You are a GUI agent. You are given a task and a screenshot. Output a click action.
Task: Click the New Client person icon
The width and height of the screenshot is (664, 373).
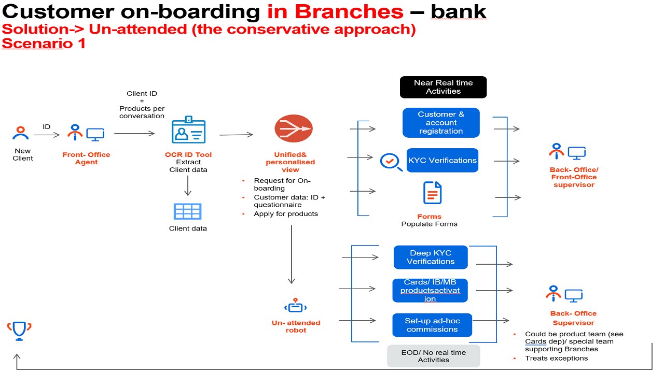pyautogui.click(x=21, y=133)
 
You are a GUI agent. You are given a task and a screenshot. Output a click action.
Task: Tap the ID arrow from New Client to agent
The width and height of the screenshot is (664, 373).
pyautogui.click(x=47, y=135)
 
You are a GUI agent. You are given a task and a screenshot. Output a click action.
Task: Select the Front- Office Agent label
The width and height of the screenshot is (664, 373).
pyautogui.click(x=86, y=158)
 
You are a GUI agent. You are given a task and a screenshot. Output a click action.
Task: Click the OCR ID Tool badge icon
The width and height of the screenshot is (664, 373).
pyautogui.click(x=188, y=131)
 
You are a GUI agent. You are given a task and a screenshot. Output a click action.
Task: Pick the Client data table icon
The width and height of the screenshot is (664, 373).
pyautogui.click(x=187, y=211)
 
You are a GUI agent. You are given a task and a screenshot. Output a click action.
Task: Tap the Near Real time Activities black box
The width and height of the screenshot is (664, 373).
pyautogui.click(x=443, y=87)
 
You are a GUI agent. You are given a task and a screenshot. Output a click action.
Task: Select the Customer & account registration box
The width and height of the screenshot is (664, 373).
pyautogui.click(x=441, y=123)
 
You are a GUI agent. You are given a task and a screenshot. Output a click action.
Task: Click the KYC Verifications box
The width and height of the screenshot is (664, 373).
pyautogui.click(x=442, y=161)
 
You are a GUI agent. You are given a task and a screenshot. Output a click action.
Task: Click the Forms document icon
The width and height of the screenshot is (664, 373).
pyautogui.click(x=432, y=193)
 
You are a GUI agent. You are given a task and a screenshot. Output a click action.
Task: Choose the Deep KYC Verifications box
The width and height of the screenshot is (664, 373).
pyautogui.click(x=431, y=257)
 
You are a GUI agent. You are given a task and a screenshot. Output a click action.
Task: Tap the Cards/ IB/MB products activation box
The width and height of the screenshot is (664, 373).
pyautogui.click(x=430, y=291)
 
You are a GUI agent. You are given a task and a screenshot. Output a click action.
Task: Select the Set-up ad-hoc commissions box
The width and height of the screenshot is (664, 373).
pyautogui.click(x=432, y=325)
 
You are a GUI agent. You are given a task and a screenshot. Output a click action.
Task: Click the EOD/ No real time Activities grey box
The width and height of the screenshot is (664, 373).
pyautogui.click(x=433, y=356)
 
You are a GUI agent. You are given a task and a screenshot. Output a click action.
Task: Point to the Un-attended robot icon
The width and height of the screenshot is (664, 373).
pyautogui.click(x=295, y=306)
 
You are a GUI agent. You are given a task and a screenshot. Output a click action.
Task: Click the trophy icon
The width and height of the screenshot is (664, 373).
pyautogui.click(x=19, y=330)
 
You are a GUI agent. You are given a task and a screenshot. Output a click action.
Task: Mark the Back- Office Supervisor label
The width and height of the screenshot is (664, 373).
pyautogui.click(x=573, y=318)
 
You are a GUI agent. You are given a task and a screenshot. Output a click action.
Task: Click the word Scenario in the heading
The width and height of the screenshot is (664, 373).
pyautogui.click(x=37, y=44)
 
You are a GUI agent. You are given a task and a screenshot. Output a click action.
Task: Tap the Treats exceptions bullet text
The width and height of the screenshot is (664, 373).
pyautogui.click(x=556, y=358)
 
